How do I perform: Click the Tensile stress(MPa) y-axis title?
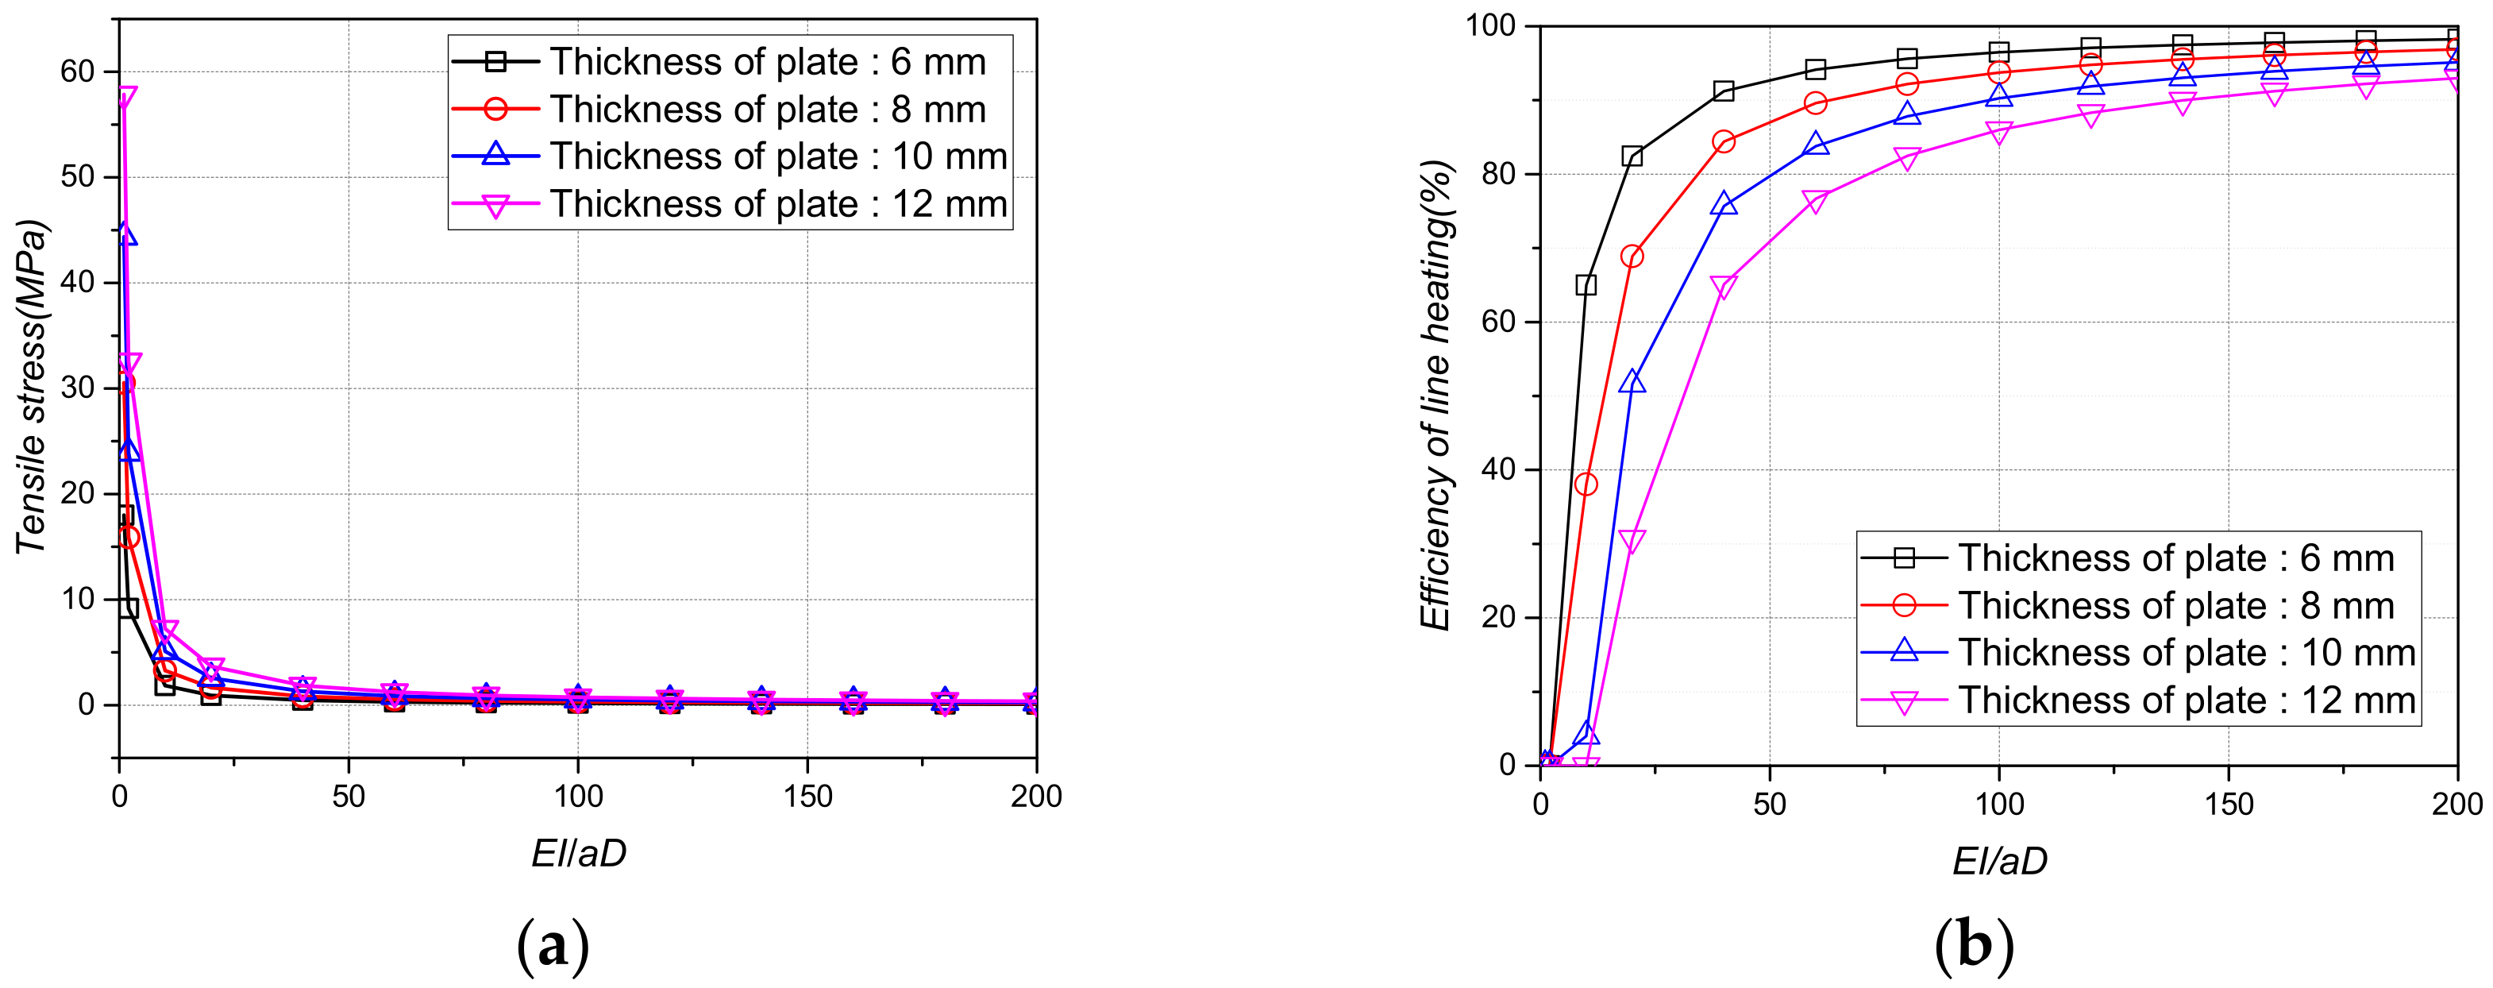click(31, 387)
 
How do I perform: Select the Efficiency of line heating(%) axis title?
click(1437, 395)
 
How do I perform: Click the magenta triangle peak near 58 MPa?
click(125, 97)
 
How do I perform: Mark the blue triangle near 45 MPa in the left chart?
click(125, 234)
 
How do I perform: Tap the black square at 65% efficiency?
click(1586, 284)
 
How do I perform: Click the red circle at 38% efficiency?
click(1586, 484)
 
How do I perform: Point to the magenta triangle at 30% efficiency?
click(1632, 542)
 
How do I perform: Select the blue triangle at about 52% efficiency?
click(1632, 381)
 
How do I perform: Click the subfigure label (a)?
click(553, 945)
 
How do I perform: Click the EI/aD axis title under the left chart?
click(579, 852)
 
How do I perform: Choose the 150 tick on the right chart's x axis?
click(2228, 805)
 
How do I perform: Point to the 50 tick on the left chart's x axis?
click(349, 797)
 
